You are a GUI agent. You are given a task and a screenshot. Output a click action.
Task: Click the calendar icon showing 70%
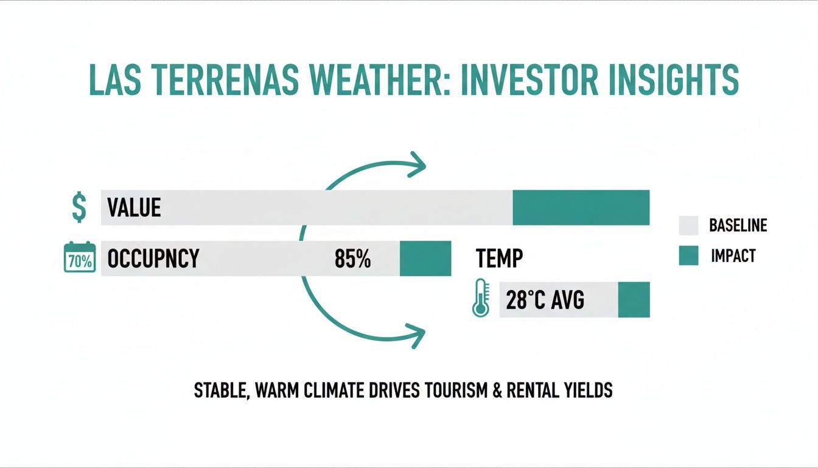pos(80,258)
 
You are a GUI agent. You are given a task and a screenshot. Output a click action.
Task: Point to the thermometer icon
pos(481,299)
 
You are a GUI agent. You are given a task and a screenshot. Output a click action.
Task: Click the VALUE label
pos(134,208)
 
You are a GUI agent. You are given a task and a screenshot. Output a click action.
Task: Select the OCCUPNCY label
pos(153,258)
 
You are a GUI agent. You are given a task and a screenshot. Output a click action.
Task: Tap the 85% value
pos(352,259)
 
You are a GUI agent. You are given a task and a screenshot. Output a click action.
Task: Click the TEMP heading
pos(498,259)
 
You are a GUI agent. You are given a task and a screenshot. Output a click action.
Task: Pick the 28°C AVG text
pos(545,300)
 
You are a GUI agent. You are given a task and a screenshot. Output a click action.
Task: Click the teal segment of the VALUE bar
pos(581,208)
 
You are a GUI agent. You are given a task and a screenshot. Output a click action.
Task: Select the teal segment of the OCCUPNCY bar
pos(425,258)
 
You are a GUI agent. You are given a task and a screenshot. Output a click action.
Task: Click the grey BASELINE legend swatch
pos(688,226)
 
